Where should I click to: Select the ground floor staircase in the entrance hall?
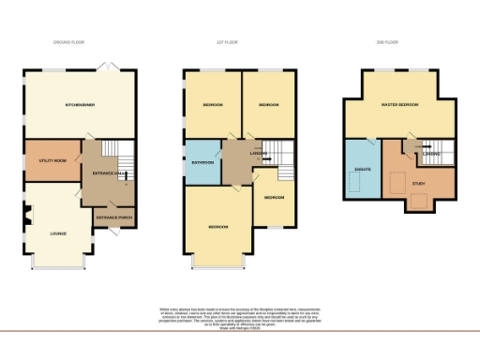click(x=112, y=152)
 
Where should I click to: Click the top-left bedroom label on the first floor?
click(x=213, y=105)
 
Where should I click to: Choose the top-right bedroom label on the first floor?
click(x=269, y=105)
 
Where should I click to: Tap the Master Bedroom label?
click(x=399, y=105)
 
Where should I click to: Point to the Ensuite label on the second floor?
click(x=361, y=171)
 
